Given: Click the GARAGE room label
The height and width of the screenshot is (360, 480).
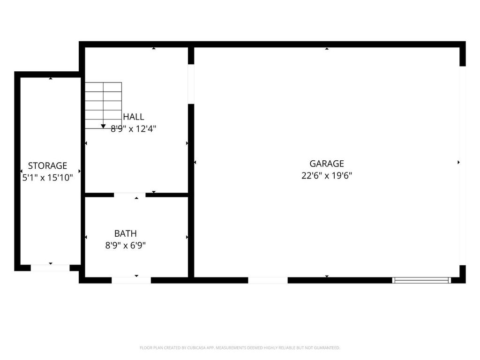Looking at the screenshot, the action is click(x=327, y=164).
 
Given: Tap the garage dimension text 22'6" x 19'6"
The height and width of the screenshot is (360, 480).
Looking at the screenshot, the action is click(x=327, y=176).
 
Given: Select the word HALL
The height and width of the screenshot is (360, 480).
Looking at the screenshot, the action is click(x=134, y=117).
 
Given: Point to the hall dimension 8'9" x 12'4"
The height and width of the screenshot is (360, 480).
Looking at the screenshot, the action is click(x=134, y=129).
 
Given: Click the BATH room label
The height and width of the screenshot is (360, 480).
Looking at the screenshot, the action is click(x=126, y=233).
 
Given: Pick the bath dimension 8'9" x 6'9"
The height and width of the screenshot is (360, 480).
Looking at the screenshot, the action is click(x=126, y=246).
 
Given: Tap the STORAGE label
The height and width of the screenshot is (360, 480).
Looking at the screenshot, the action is click(x=47, y=165).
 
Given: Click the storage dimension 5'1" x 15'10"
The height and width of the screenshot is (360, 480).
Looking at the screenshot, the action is click(x=47, y=178).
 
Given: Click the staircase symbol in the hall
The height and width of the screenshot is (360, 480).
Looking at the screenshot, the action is click(x=103, y=105).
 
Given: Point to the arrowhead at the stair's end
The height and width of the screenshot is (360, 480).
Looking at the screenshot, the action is click(x=103, y=126).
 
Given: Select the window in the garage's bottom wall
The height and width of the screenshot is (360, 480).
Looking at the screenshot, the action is click(x=421, y=280).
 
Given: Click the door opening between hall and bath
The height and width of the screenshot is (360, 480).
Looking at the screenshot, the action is click(x=129, y=195).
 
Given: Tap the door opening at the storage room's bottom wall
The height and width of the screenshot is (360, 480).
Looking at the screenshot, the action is click(x=50, y=268).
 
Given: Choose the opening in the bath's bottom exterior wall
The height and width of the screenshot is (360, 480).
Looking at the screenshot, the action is click(x=131, y=280).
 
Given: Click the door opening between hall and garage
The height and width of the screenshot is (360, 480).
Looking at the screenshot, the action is click(x=191, y=84).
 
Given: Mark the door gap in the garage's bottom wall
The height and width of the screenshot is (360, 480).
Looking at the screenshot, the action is click(x=268, y=280).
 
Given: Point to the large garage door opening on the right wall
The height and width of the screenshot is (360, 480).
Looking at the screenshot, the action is click(x=463, y=165).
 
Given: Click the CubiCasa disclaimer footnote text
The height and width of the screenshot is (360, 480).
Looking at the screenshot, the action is click(x=240, y=348).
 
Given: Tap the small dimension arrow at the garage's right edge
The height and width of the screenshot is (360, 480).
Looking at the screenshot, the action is click(x=458, y=162).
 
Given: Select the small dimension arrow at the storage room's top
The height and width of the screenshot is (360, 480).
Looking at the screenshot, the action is click(x=51, y=79).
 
